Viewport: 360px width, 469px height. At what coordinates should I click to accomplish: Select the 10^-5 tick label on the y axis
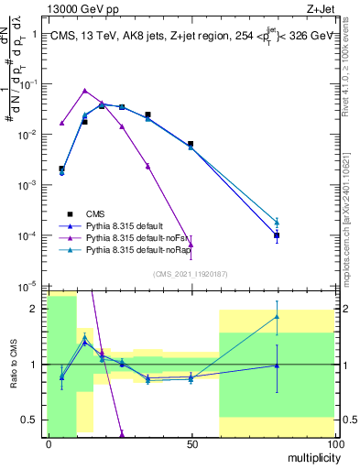tap(27, 286)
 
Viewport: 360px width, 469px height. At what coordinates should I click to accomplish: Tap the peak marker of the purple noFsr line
tap(84, 91)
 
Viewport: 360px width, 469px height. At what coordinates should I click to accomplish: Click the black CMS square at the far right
tap(277, 235)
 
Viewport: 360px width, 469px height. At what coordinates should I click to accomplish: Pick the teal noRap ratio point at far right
tap(277, 317)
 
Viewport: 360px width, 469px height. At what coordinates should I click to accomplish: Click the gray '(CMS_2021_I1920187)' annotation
tap(191, 273)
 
